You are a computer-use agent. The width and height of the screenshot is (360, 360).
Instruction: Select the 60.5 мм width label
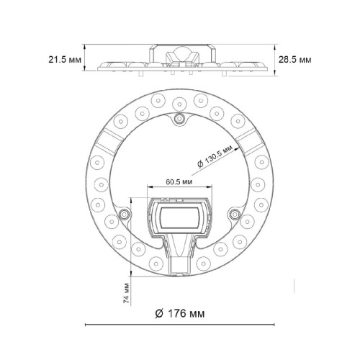178,183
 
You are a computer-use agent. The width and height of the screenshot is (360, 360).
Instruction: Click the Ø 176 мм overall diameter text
179,313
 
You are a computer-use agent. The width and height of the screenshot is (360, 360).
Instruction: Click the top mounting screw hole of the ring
179,119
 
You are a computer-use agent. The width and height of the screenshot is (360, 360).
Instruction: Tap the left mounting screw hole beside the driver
125,214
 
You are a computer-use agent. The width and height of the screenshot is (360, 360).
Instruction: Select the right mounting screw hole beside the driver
233,214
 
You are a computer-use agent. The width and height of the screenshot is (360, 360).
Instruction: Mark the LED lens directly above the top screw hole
179,99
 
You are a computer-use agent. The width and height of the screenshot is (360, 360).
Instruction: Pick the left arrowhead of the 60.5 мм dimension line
150,190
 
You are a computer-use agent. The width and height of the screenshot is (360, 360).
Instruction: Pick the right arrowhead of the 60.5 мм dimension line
210,190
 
